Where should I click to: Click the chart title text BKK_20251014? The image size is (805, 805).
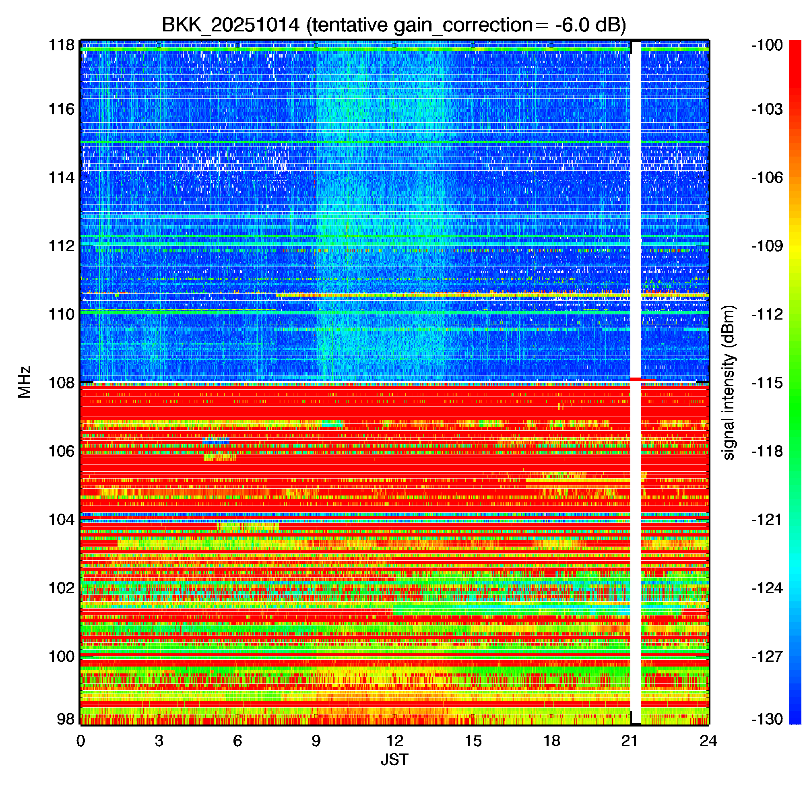click(x=230, y=25)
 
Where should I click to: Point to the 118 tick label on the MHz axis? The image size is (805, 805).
click(x=62, y=45)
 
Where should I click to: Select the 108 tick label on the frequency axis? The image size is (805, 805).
click(x=62, y=382)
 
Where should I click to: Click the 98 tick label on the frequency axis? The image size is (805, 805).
click(x=66, y=719)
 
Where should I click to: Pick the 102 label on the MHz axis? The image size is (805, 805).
click(x=62, y=588)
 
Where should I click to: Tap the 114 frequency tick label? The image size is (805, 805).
click(x=62, y=178)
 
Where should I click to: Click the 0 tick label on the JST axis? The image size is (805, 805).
click(x=80, y=741)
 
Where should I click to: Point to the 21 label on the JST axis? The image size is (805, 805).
click(x=630, y=741)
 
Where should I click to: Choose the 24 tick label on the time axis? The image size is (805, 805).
click(x=708, y=741)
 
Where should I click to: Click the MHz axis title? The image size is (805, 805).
click(x=25, y=382)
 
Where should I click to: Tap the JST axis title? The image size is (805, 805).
click(x=394, y=760)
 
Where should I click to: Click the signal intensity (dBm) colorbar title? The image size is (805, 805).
click(x=729, y=382)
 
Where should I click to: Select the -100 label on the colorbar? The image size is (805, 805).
click(x=767, y=45)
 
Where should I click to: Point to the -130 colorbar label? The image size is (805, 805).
click(x=767, y=719)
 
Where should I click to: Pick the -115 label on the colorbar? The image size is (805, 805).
click(x=767, y=382)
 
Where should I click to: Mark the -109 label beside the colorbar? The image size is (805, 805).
click(x=767, y=246)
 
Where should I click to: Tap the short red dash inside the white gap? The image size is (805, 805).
click(x=636, y=379)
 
